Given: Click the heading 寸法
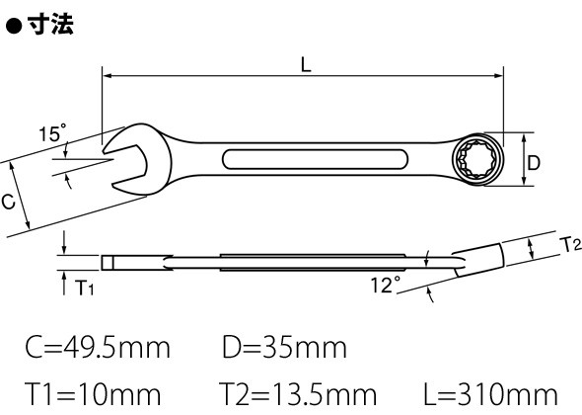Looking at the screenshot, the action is [x=50, y=24].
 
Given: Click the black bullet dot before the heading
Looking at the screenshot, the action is [x=14, y=26].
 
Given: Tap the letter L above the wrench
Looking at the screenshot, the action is [x=306, y=64].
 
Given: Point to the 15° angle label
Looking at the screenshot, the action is [x=52, y=132].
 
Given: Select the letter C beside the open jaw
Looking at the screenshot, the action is [x=8, y=202].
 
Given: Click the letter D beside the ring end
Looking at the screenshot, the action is [x=534, y=163].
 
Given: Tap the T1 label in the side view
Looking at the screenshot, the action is [x=84, y=288].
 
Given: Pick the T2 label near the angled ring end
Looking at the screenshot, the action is [x=570, y=245].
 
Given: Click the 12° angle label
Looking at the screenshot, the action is [x=386, y=286].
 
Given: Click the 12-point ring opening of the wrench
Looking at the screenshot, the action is [x=477, y=159].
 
